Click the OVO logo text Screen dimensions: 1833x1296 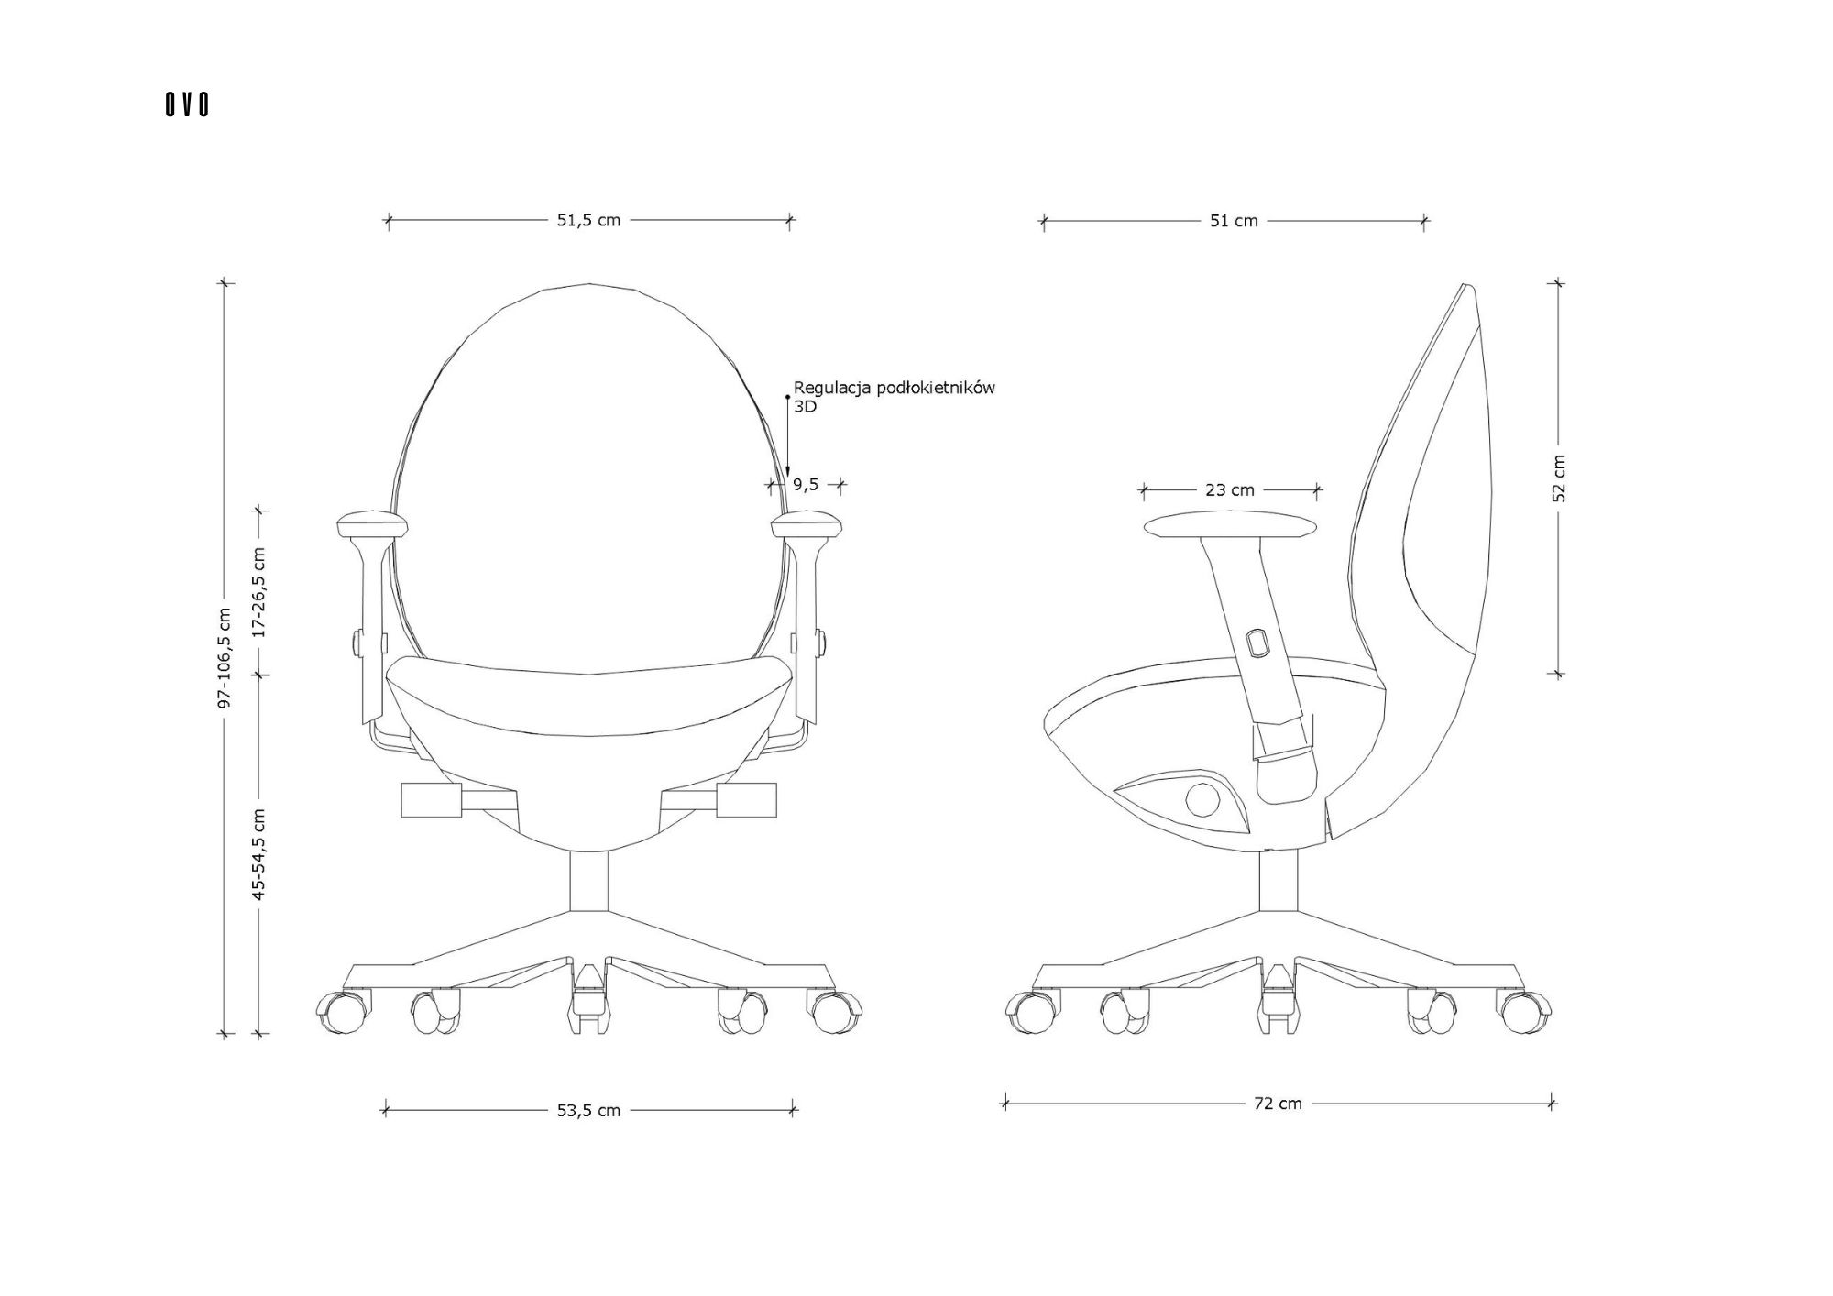187,105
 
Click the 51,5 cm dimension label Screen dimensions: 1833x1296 588,220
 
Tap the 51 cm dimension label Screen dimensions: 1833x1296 1234,220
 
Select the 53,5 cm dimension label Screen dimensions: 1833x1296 588,1110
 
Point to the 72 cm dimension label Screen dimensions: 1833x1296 1278,1104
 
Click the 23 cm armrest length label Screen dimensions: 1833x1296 1230,490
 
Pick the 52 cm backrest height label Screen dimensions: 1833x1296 1560,478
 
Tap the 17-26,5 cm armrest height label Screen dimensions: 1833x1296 259,592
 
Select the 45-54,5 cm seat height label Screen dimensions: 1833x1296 259,854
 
